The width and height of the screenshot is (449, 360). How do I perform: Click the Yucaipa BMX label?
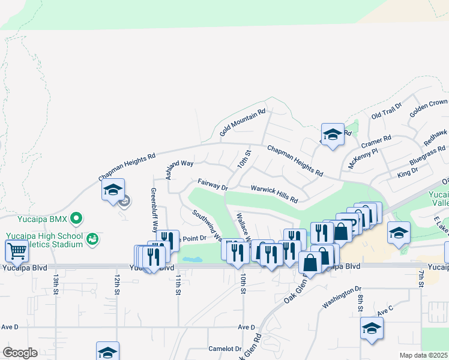(35, 218)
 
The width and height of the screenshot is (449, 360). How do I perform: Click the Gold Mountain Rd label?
(243, 122)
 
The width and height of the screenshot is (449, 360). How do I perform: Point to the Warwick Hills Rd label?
(274, 193)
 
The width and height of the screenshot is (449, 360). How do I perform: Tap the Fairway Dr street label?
(213, 184)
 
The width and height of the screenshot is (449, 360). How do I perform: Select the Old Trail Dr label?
(386, 111)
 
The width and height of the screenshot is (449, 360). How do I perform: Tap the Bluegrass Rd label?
(427, 155)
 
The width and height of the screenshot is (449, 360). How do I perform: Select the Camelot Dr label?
(224, 349)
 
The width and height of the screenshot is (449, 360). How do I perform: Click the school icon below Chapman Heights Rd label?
(113, 190)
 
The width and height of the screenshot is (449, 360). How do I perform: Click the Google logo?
(19, 353)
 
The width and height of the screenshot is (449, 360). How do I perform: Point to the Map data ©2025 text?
(423, 355)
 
